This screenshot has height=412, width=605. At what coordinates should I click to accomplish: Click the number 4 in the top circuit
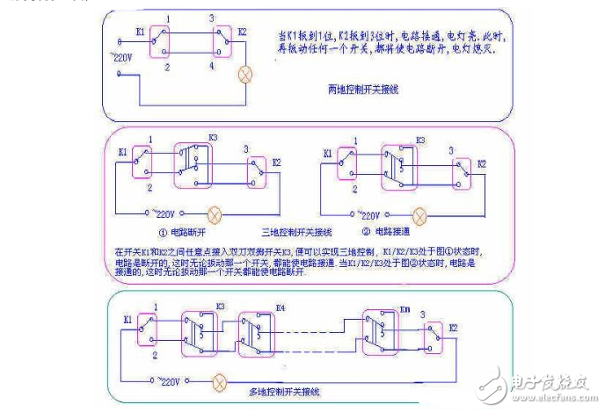pyautogui.click(x=211, y=66)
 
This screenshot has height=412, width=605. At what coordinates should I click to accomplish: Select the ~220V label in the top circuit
pyautogui.click(x=122, y=58)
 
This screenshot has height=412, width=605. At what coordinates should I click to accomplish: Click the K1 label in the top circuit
pyautogui.click(x=138, y=32)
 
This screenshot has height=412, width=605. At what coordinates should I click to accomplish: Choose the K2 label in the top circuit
pyautogui.click(x=242, y=32)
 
